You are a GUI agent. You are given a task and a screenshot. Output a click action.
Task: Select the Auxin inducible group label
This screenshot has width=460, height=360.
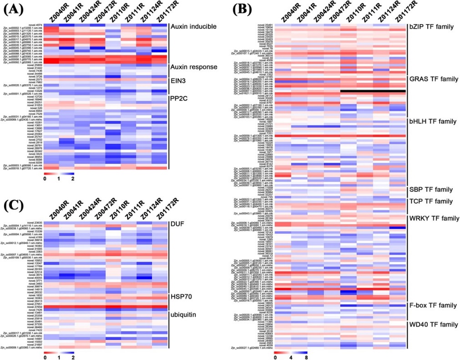[x=193, y=27]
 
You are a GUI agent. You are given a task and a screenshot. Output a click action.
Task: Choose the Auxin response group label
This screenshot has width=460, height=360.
[x=193, y=67]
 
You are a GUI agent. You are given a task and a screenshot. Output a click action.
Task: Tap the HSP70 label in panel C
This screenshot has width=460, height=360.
[x=182, y=297]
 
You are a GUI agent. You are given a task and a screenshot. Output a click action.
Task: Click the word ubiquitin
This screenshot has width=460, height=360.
[x=184, y=315]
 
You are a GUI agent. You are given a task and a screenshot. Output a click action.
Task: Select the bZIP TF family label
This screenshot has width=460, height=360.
[x=431, y=27]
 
